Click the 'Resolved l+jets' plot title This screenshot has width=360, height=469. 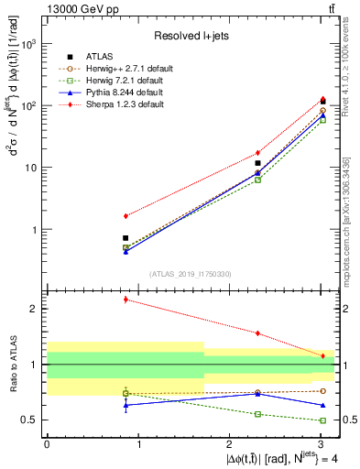coord(191,35)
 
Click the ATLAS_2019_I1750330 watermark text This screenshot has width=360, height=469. coord(191,274)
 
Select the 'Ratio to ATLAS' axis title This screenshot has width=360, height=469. coord(11,364)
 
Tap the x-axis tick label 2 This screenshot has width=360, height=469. coord(229,443)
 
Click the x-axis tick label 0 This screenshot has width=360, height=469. coord(47,443)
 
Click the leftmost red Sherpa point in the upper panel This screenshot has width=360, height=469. coord(125,216)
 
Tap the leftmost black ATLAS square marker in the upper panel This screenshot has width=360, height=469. coord(125,238)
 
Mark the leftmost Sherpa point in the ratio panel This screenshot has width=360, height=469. coord(125,300)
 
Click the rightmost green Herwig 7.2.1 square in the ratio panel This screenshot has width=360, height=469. coord(322,420)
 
